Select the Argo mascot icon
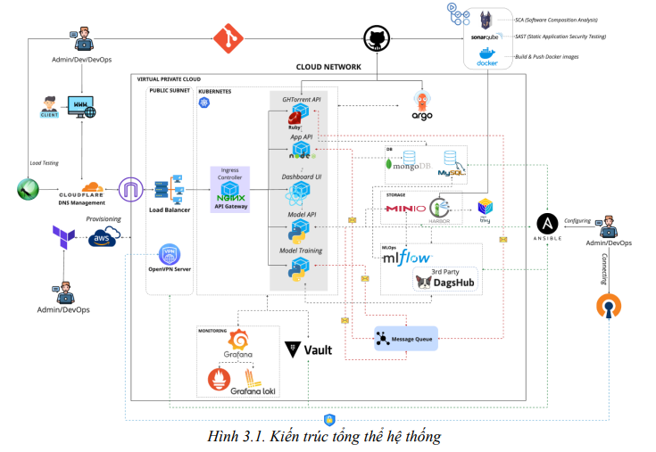422,103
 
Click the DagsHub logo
445,283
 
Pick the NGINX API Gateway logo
230,192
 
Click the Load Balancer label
169,210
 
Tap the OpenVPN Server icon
170,254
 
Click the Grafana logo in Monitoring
239,340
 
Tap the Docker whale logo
486,55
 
